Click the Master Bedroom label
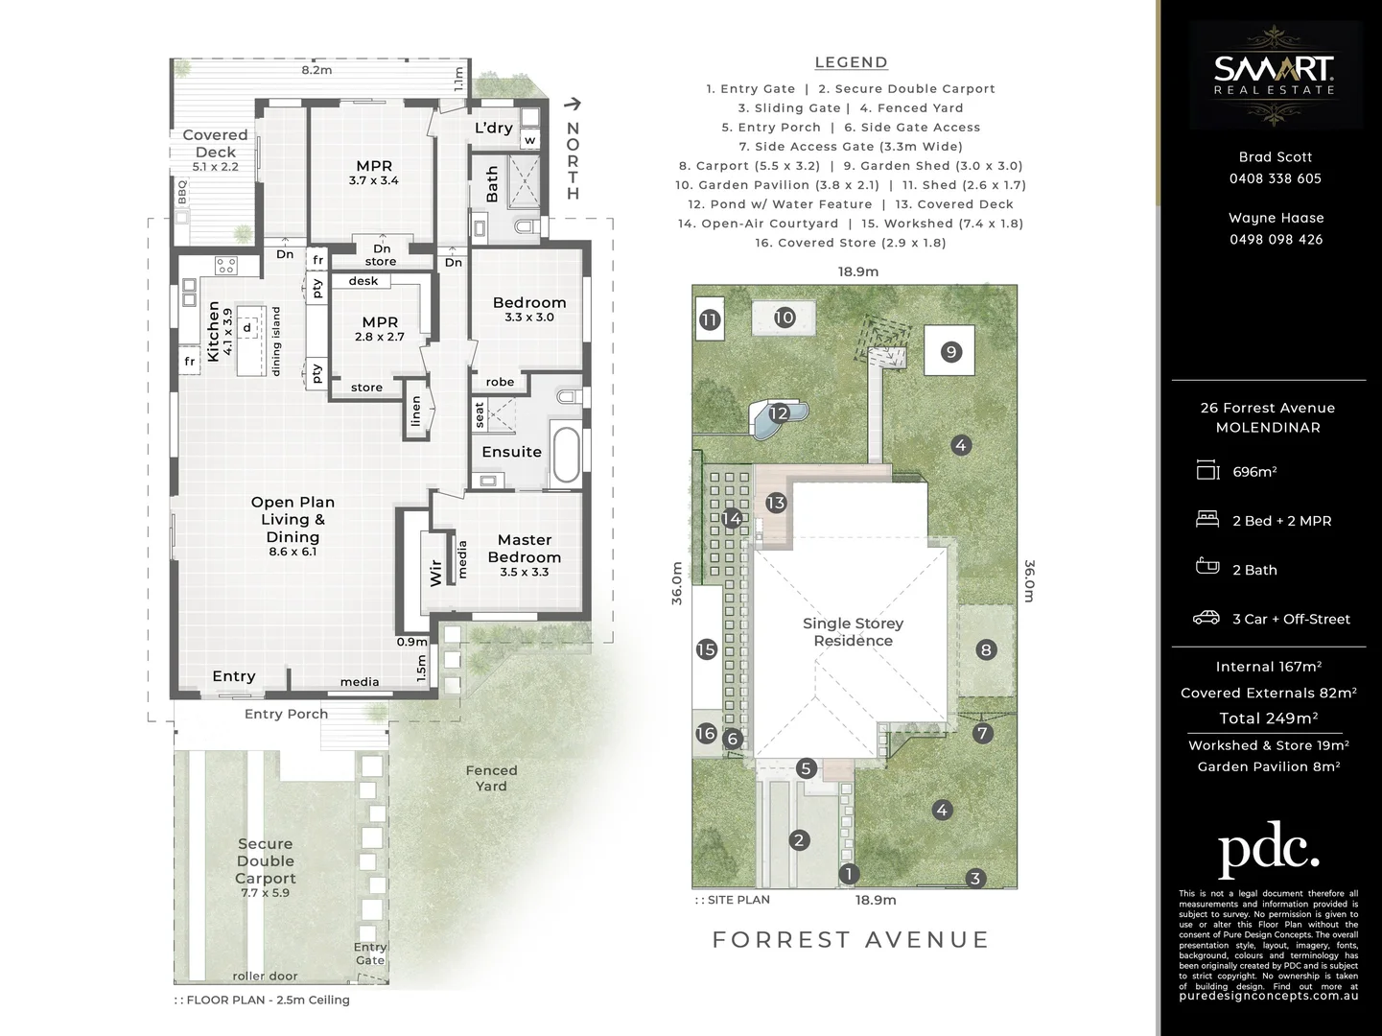[x=524, y=549]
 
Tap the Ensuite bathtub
[x=566, y=455]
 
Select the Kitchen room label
[x=214, y=330]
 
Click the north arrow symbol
[x=573, y=105]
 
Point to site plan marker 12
[x=778, y=413]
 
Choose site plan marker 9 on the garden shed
[x=950, y=351]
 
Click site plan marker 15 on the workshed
[x=706, y=649]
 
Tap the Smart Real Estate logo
[x=1275, y=75]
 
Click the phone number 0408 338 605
[x=1275, y=178]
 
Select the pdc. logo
[x=1268, y=849]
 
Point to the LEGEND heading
[x=851, y=62]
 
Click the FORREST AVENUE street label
[x=850, y=939]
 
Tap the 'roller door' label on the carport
[x=265, y=976]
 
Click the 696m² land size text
[x=1254, y=472]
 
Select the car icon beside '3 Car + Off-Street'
[x=1206, y=619]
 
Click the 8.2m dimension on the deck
[x=316, y=70]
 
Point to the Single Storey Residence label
[x=853, y=632]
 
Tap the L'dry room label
[x=494, y=128]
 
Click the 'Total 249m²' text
[x=1268, y=718]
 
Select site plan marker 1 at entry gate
[x=848, y=874]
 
